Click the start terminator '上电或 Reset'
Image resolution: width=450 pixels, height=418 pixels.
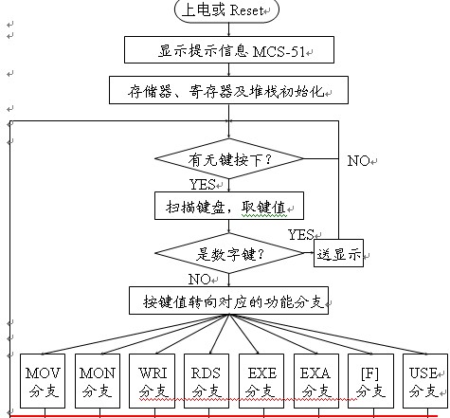(x=226, y=10)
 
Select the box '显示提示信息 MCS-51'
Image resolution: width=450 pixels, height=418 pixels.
(x=229, y=49)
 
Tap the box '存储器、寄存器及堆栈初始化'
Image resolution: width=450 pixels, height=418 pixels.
(x=228, y=90)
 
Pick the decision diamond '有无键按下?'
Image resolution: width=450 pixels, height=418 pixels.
(x=229, y=158)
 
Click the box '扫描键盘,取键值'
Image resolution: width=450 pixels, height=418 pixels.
(x=229, y=206)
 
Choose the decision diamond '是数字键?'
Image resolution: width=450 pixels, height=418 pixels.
(x=229, y=253)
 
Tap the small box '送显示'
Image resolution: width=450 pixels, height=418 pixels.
(x=338, y=253)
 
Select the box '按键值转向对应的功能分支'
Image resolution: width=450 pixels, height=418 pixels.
(x=228, y=300)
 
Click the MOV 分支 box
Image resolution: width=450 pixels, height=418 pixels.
(x=43, y=381)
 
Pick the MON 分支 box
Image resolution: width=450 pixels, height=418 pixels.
(x=98, y=381)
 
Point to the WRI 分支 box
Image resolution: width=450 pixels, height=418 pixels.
(x=152, y=381)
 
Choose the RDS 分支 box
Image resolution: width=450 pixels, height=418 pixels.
(x=207, y=381)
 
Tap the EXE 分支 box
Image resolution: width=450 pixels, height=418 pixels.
(x=261, y=381)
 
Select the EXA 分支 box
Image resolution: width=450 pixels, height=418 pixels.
(x=316, y=381)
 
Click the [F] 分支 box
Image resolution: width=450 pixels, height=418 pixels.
(x=370, y=381)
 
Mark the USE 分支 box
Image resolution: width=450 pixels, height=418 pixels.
(x=425, y=381)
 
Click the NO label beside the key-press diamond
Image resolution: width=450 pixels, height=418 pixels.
(x=359, y=161)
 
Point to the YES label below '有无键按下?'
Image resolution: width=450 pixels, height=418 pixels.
(x=203, y=184)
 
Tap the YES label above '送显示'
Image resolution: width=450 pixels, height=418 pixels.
(x=301, y=234)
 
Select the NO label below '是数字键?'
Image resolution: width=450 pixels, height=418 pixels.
(x=200, y=280)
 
